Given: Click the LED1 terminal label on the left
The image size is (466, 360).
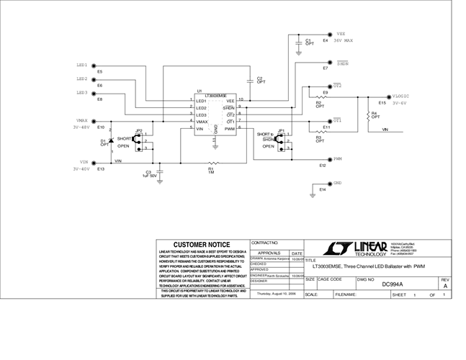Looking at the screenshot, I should click(82, 64).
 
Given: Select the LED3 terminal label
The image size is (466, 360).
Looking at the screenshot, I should click(82, 92).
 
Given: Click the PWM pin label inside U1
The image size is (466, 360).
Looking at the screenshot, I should click(230, 128).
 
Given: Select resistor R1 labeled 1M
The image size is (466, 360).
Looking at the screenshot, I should click(212, 164).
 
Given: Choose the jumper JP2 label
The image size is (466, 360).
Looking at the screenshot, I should click(139, 131).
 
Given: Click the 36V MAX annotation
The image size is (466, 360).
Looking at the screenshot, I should click(343, 40).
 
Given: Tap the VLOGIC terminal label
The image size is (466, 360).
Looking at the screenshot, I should click(400, 96).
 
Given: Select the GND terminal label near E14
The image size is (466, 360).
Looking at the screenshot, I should click(337, 183).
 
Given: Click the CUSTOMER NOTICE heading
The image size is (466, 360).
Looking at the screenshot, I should click(202, 245).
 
